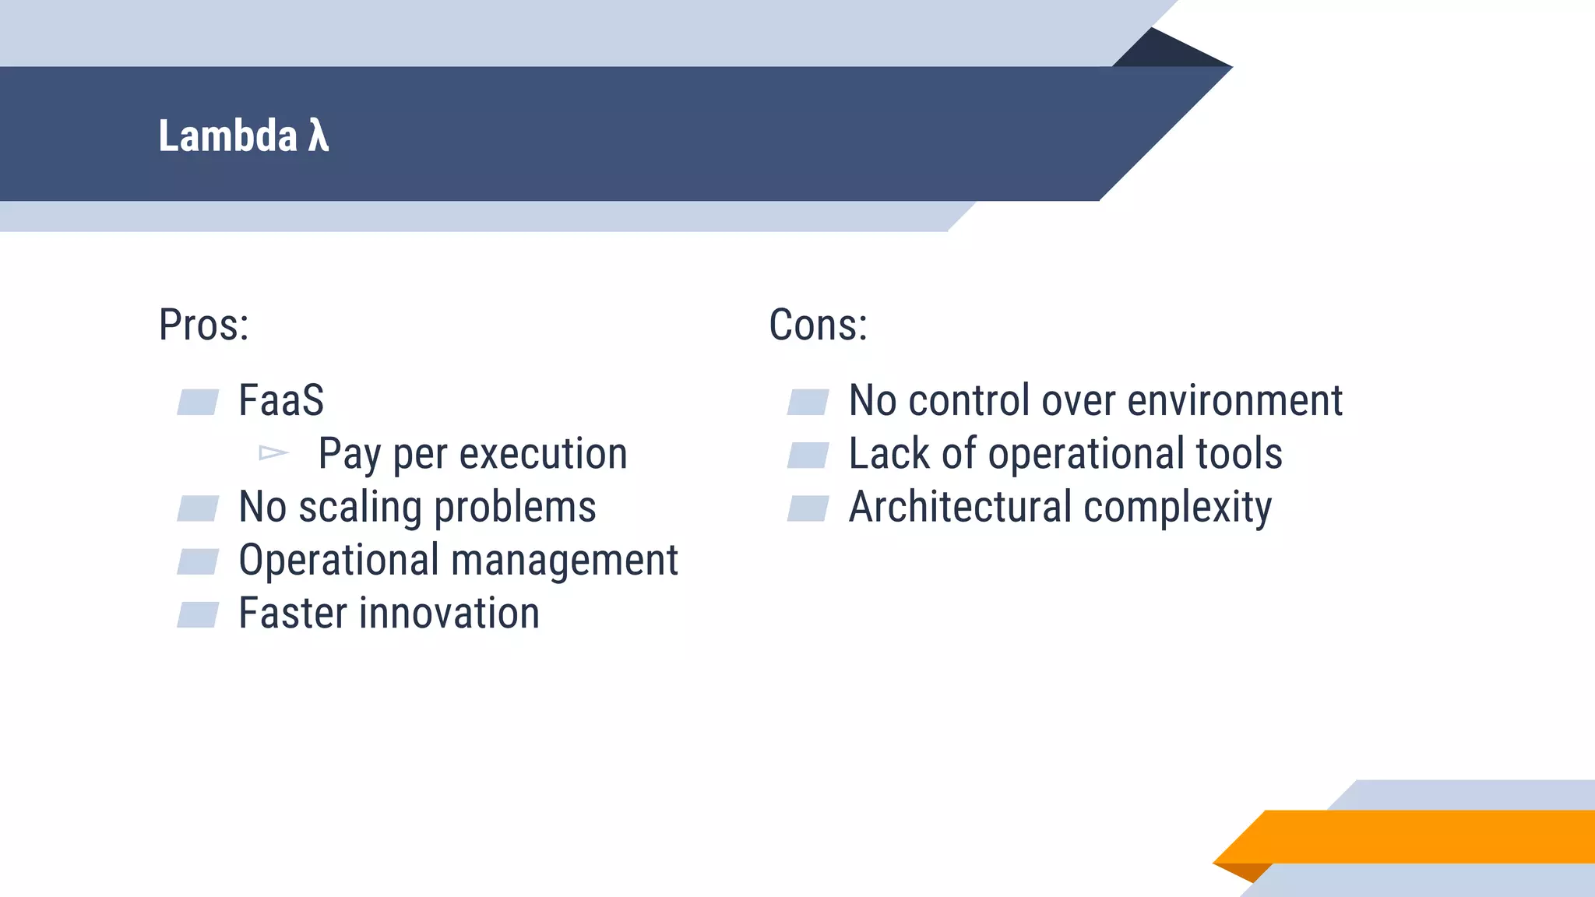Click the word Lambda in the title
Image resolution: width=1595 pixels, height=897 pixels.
[x=227, y=135]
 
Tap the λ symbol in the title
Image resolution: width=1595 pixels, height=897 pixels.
[x=319, y=135]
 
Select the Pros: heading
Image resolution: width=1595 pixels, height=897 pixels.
[x=203, y=325]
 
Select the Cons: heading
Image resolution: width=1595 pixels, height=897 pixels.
[x=818, y=325]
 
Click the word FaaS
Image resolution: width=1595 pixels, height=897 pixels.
[x=281, y=401]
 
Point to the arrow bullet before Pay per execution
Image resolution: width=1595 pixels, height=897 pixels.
[x=273, y=452]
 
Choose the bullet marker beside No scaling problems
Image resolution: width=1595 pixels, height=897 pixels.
[x=198, y=508]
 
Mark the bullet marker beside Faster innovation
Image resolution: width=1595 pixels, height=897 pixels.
[x=198, y=614]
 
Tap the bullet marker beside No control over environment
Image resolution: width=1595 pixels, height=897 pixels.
[x=808, y=402]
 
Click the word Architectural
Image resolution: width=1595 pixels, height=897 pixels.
[x=960, y=508]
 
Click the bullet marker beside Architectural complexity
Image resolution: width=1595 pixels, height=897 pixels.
[x=808, y=508]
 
